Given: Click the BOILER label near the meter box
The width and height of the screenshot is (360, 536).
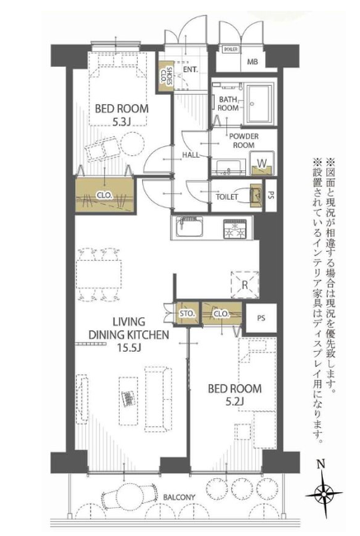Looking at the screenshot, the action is (230, 50).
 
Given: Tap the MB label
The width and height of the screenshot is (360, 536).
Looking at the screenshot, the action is (253, 62).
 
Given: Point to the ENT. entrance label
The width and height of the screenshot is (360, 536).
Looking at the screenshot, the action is (191, 69).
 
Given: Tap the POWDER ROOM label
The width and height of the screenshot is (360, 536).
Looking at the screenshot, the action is (244, 140).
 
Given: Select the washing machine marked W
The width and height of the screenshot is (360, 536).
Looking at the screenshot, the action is (262, 164).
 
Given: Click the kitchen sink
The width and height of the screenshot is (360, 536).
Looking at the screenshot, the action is (189, 227).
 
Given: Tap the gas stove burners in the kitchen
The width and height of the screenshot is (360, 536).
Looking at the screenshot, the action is (234, 229).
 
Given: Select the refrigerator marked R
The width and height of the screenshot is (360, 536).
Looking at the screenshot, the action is (244, 285).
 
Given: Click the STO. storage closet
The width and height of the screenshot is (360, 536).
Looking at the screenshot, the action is (187, 313).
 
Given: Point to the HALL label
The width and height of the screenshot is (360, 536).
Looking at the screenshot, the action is (191, 155).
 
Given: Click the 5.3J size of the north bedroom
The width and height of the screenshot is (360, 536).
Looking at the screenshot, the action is (121, 121).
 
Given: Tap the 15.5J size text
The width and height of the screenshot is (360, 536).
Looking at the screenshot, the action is (129, 348).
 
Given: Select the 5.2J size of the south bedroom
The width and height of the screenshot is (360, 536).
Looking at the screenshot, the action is (234, 401).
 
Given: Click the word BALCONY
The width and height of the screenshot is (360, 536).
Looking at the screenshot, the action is (179, 497).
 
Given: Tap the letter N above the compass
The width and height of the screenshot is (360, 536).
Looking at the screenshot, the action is (320, 464).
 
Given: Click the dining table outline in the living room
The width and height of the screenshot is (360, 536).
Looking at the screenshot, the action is (99, 275).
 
